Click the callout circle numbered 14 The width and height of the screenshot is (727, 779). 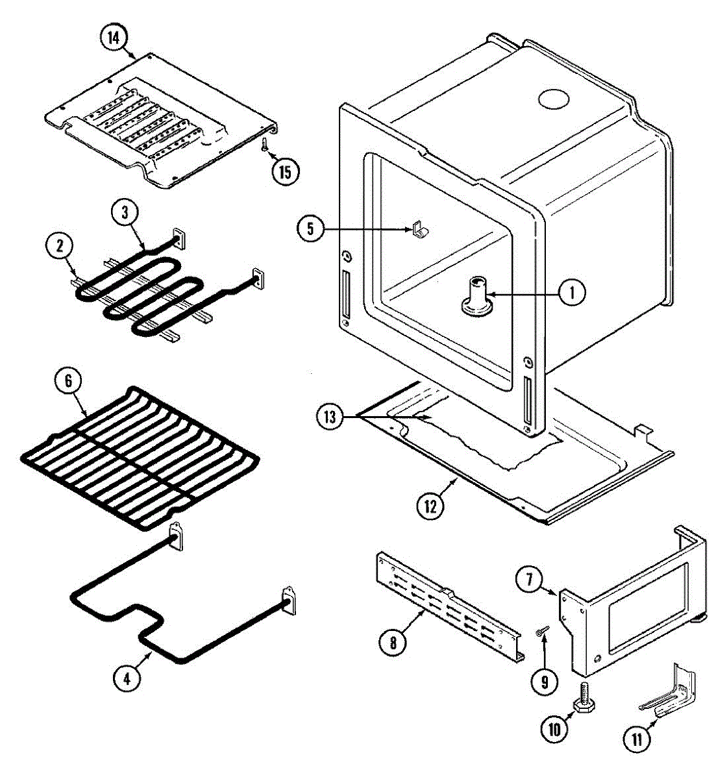(114, 38)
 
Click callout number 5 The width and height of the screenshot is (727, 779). (310, 229)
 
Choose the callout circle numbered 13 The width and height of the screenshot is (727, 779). (330, 416)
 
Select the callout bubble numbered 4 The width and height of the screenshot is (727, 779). (127, 678)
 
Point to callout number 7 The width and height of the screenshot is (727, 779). (530, 579)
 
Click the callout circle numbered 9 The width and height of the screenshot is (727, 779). (544, 682)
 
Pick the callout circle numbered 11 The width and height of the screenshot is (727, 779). (637, 738)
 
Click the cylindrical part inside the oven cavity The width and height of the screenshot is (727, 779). (476, 296)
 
